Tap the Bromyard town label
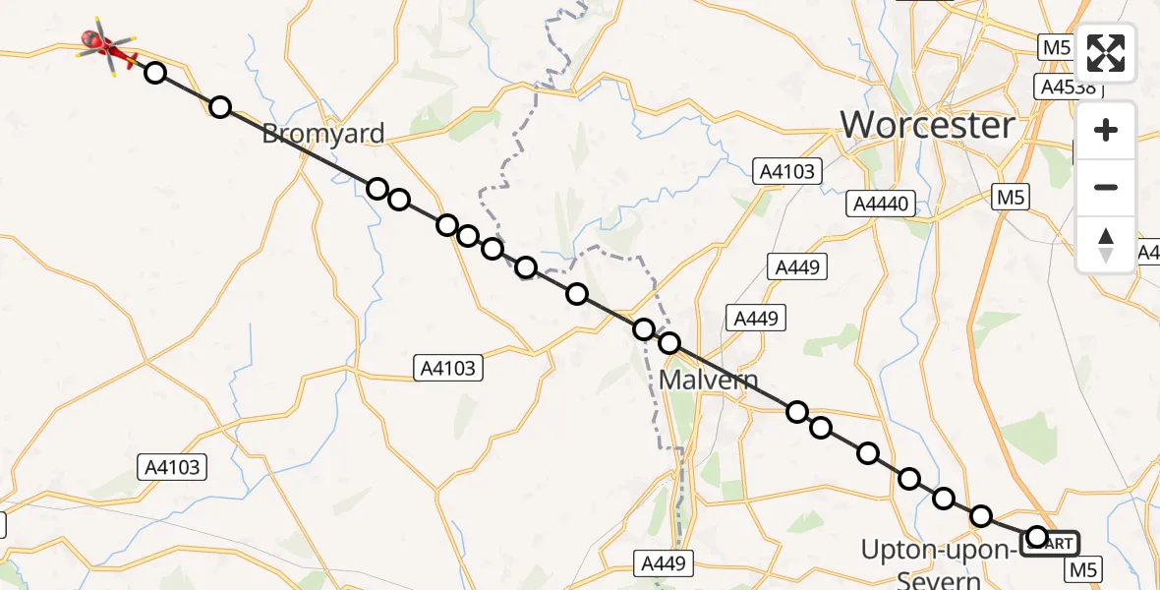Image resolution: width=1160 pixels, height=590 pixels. (x=322, y=135)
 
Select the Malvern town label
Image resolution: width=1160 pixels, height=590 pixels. (x=717, y=380)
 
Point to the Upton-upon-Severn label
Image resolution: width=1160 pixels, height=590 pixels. (x=938, y=561)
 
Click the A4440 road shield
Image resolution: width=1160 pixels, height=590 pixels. (x=882, y=204)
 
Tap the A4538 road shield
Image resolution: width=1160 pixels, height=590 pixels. (x=1069, y=87)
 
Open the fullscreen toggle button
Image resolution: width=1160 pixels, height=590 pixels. (x=1106, y=53)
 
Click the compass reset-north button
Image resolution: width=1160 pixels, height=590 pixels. (x=1106, y=245)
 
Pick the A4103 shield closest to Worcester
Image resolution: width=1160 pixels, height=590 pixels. (x=787, y=172)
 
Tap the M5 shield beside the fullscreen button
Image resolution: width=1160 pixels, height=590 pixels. (x=1055, y=47)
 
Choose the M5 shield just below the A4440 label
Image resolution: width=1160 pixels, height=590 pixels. (x=1011, y=198)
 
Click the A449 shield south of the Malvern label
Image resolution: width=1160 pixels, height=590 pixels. (x=664, y=563)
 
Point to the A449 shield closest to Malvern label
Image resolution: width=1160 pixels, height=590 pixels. (x=755, y=318)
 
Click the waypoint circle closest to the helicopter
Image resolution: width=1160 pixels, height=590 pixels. (x=155, y=72)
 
